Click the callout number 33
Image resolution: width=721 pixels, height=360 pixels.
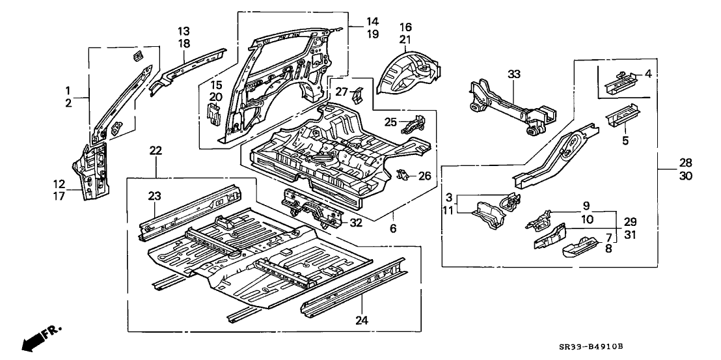click(x=515, y=76)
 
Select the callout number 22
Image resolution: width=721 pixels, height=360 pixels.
click(x=155, y=151)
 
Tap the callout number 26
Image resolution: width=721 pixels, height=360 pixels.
click(x=424, y=175)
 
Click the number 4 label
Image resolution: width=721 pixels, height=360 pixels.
click(x=648, y=74)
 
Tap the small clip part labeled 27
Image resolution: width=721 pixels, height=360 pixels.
click(x=357, y=96)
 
